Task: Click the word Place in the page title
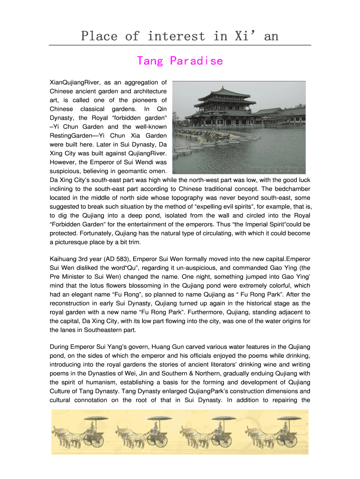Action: coord(98,36)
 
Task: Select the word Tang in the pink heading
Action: coord(149,61)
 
